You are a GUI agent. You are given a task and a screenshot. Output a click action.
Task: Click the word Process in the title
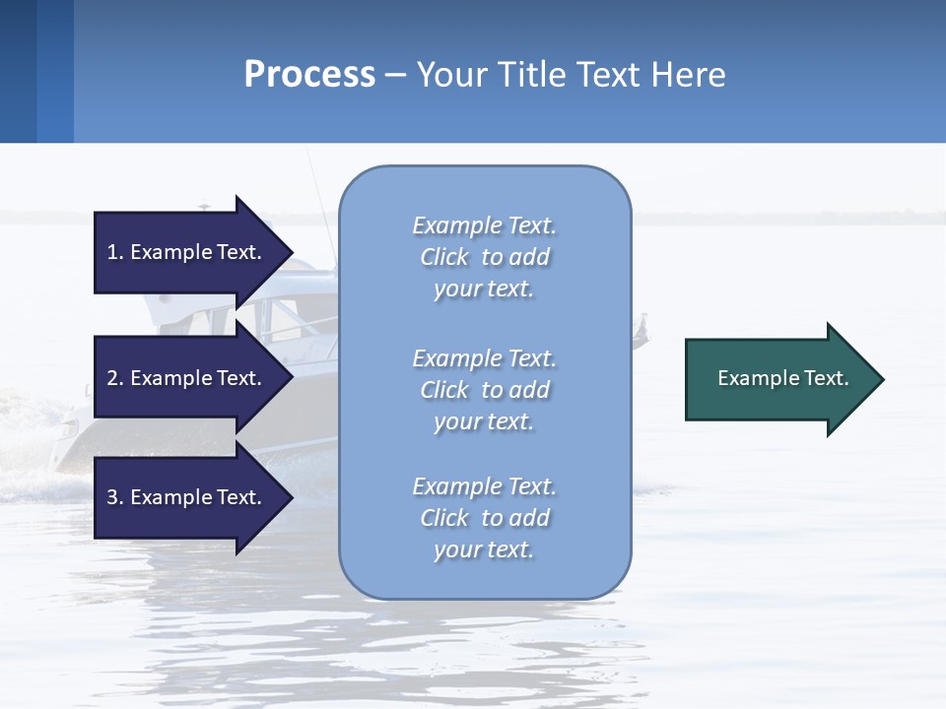coord(309,75)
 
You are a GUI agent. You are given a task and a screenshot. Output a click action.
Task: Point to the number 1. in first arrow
coord(115,252)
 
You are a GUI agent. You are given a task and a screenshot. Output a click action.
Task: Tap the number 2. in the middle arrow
coord(115,378)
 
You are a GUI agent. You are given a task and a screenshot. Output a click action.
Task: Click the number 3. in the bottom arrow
coord(115,497)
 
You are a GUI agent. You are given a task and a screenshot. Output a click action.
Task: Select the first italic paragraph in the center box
coord(484,257)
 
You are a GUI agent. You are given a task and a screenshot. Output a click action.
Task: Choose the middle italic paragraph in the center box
coord(484,390)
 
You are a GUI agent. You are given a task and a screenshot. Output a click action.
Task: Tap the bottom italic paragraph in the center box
coord(484,518)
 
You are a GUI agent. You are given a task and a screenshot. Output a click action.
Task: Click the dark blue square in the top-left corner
coord(18,71)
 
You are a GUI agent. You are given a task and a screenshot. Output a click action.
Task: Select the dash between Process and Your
coord(395,75)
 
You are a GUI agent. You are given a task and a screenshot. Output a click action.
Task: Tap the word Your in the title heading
coord(450,75)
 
